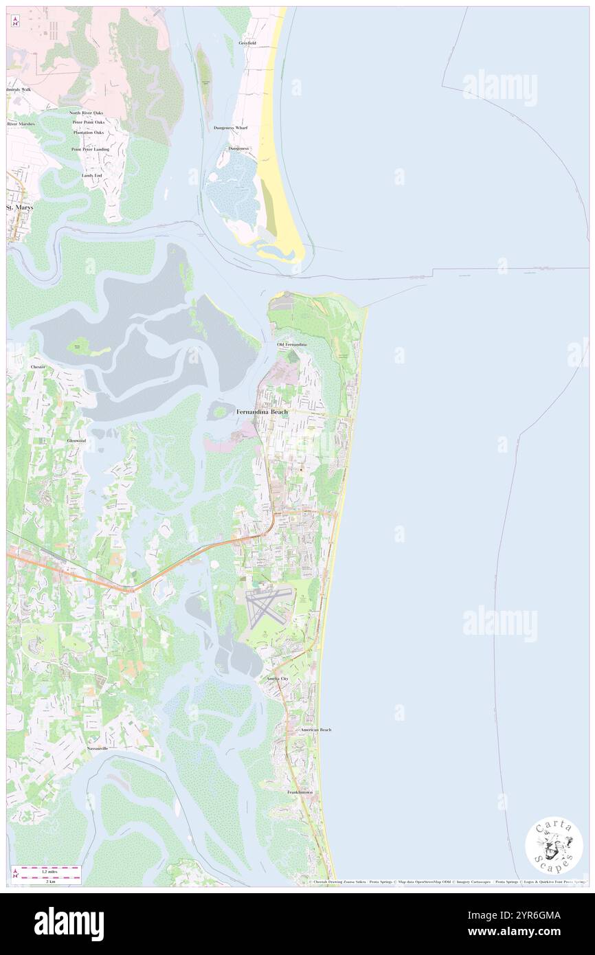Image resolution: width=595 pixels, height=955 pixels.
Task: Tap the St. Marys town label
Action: pos(19,207)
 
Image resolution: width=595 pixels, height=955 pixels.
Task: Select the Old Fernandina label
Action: pos(292,344)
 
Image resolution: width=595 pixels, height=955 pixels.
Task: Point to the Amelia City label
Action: pos(278,678)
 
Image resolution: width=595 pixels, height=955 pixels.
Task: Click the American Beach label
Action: pos(315,729)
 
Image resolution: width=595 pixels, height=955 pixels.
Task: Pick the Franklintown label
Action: pos(300,792)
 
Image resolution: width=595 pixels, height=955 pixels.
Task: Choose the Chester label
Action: pos(38,368)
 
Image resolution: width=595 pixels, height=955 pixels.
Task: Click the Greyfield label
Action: pos(247,43)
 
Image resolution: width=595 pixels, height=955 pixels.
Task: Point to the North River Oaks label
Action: pos(85,113)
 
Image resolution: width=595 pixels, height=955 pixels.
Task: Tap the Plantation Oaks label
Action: pos(88,132)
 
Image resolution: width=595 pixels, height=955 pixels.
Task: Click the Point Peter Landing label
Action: pos(90,149)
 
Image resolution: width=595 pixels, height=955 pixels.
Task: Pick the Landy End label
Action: pos(92,175)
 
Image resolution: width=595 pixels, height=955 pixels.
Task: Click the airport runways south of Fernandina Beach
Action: pos(267,606)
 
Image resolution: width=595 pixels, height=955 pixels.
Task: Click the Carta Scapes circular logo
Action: pos(554,847)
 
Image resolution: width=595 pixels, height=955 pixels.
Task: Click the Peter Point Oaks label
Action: pos(89,122)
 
